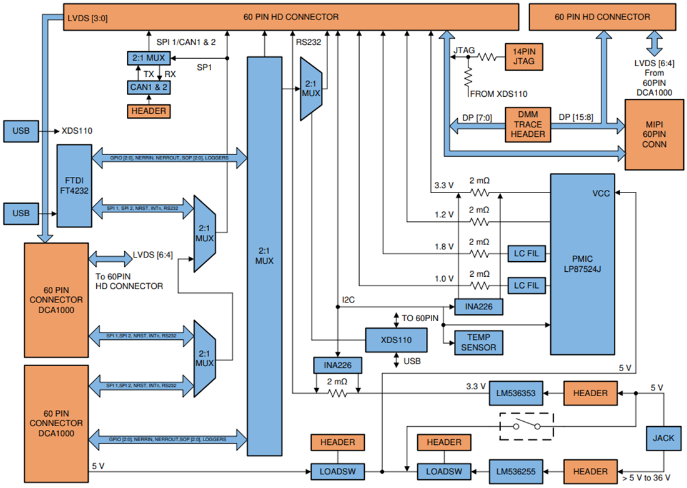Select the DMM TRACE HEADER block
(528, 124)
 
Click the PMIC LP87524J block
(582, 264)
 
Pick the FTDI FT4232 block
(74, 186)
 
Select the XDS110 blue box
(396, 341)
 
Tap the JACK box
(663, 438)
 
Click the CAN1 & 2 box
(148, 87)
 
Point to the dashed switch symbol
(526, 426)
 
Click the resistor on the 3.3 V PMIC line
(479, 192)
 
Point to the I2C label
(349, 300)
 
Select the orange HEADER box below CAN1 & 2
(148, 111)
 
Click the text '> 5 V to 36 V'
(646, 478)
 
